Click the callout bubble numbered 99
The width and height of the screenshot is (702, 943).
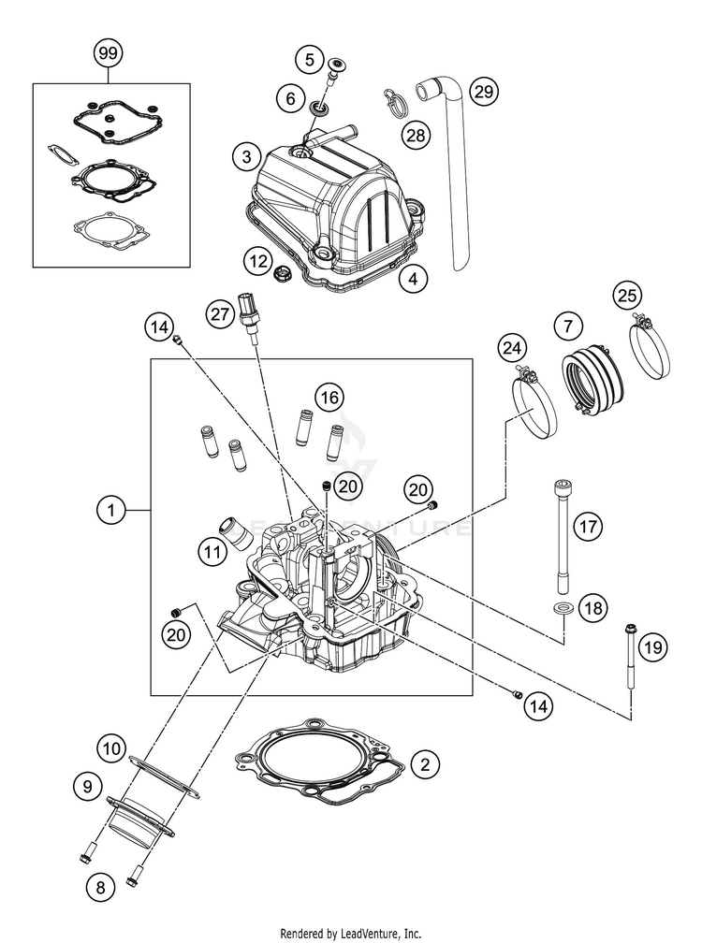109,54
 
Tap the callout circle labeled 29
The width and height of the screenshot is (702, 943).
483,92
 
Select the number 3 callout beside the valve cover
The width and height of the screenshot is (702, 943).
246,155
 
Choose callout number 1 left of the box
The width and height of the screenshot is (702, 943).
111,511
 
